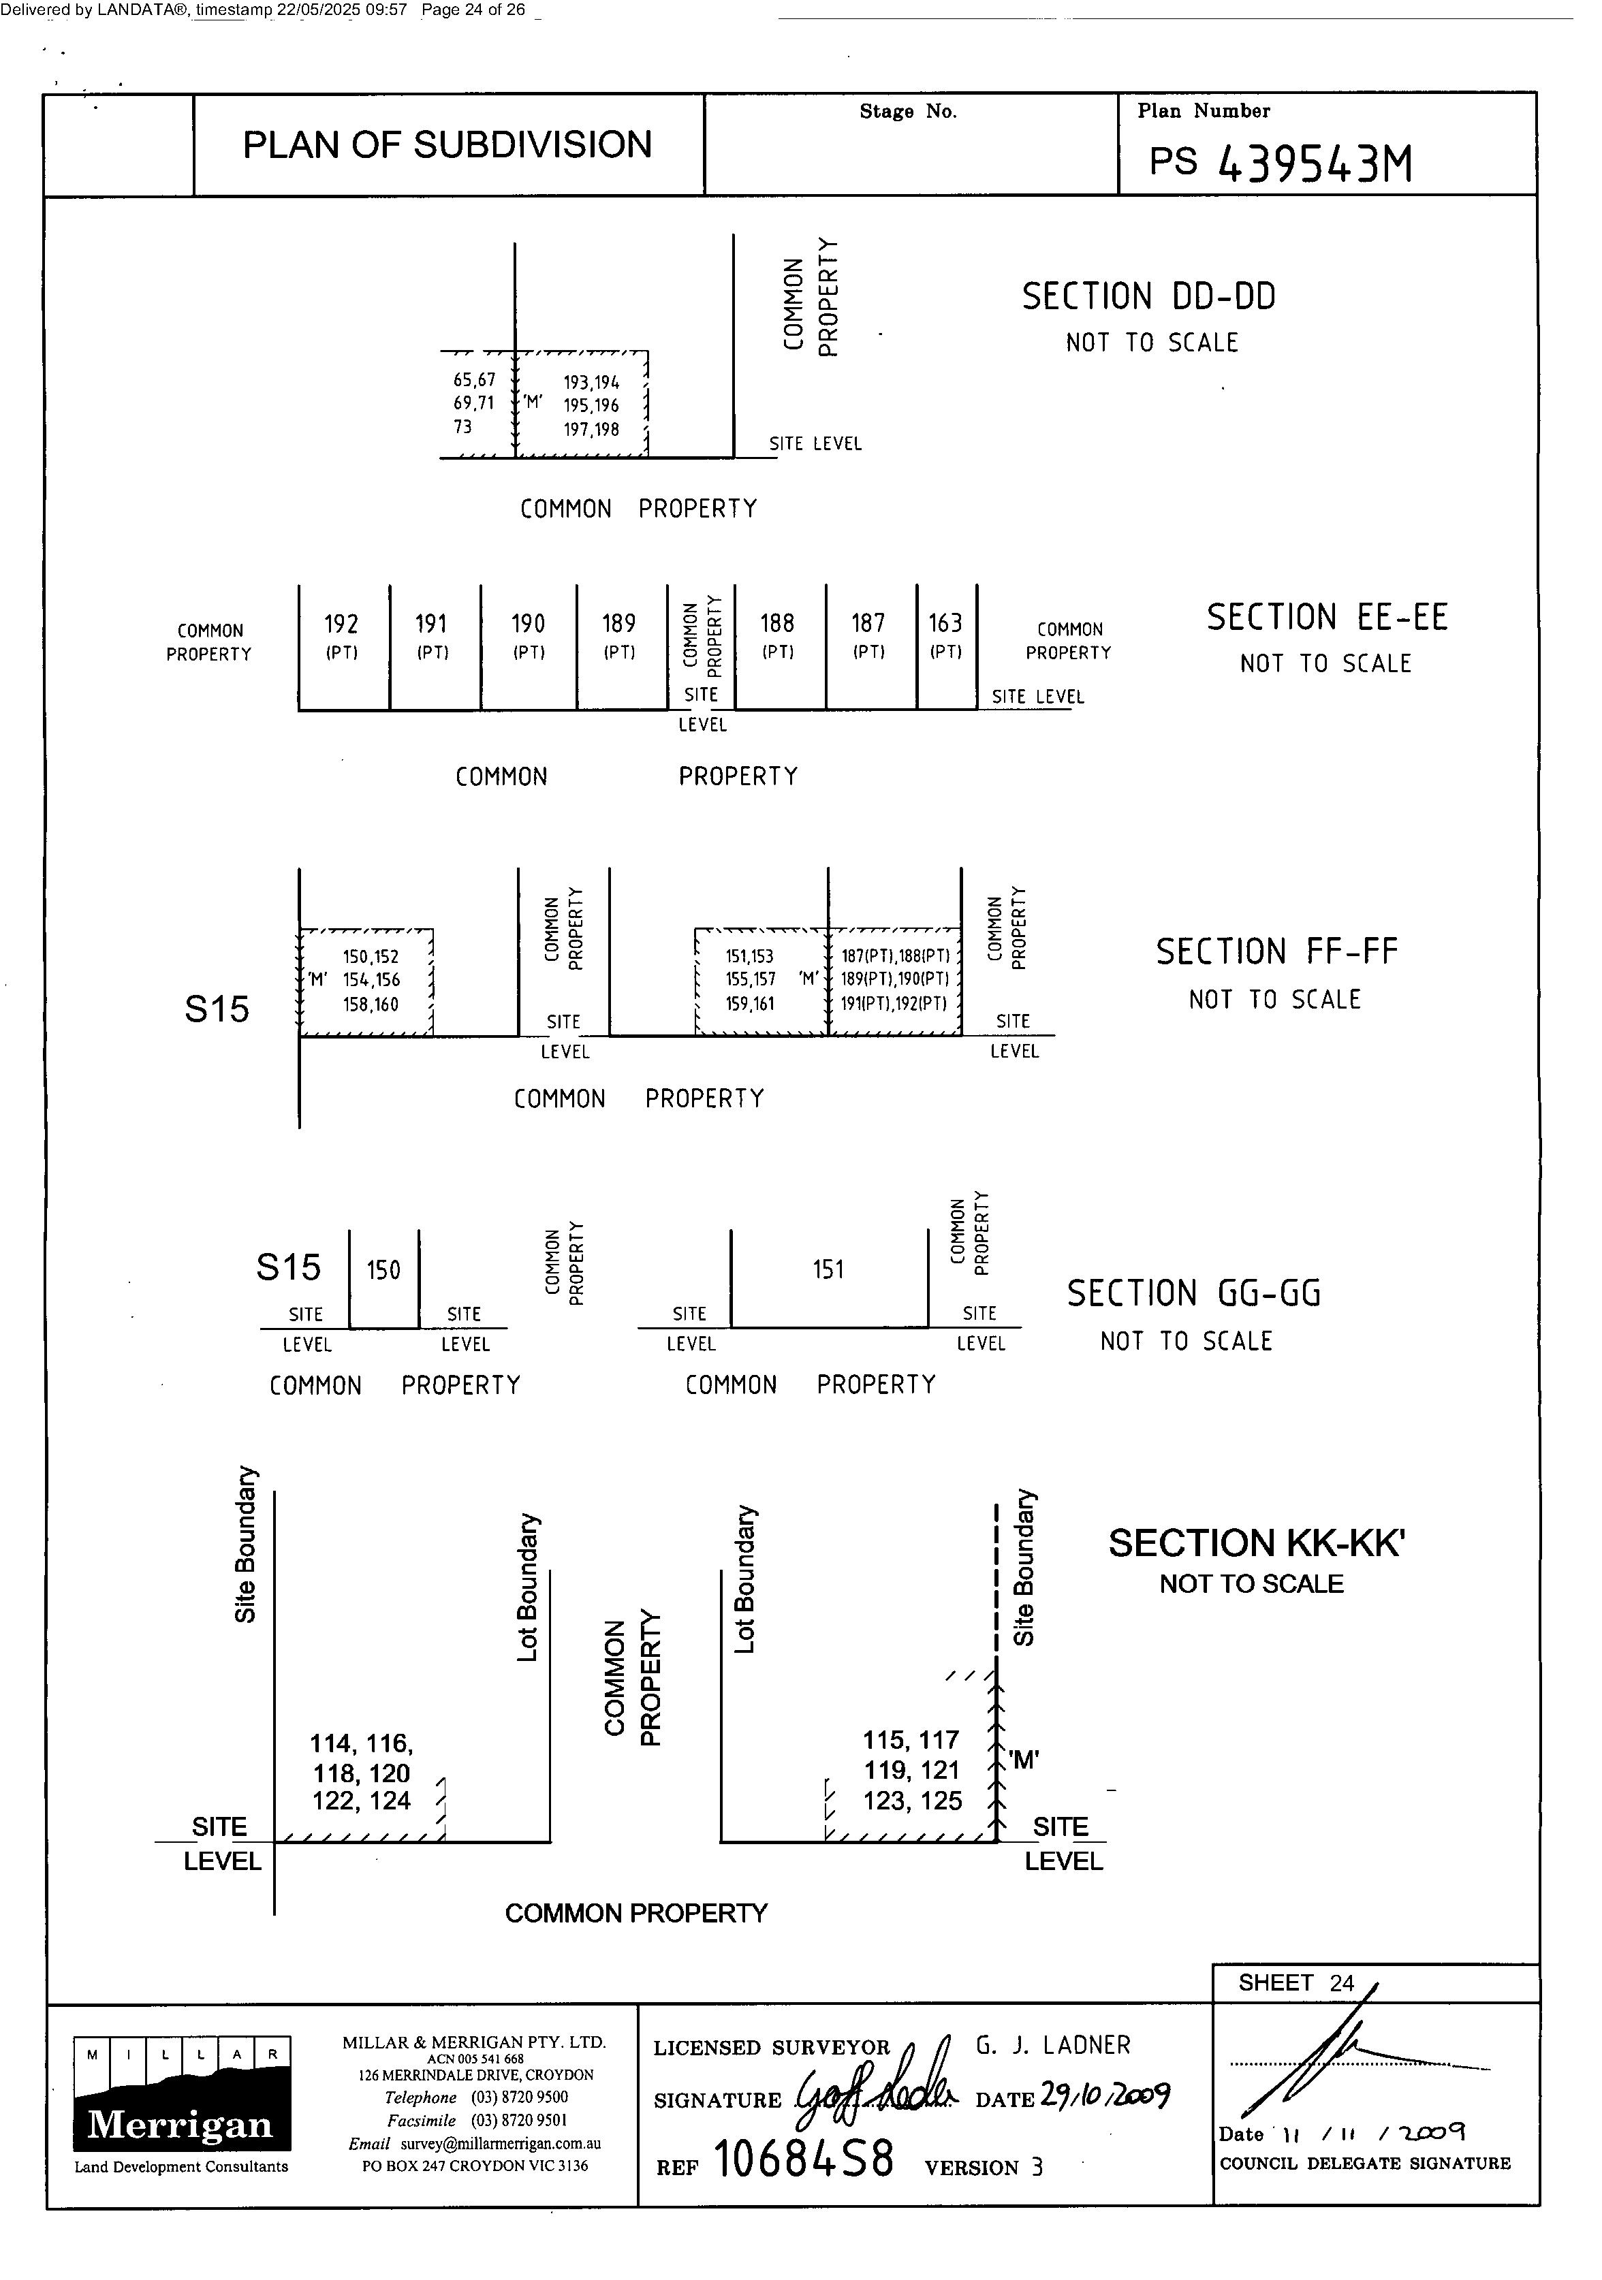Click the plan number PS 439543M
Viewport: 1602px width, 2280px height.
(1281, 162)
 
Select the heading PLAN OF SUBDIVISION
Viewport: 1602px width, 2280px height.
(447, 145)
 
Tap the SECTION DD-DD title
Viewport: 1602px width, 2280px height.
(1148, 297)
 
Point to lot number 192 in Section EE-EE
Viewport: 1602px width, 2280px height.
(341, 624)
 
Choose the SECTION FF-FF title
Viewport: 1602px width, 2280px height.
(1276, 951)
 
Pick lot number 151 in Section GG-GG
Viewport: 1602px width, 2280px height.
(828, 1269)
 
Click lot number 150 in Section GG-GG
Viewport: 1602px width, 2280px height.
(383, 1270)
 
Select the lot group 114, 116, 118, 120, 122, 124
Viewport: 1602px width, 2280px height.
(362, 1773)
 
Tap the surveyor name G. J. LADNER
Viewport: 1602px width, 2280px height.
(1053, 2046)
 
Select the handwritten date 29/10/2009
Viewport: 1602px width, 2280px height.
(1104, 2095)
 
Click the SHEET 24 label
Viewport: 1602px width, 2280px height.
(1295, 1983)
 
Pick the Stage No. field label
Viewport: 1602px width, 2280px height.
(908, 111)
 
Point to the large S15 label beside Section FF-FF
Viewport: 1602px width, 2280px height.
(217, 1010)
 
